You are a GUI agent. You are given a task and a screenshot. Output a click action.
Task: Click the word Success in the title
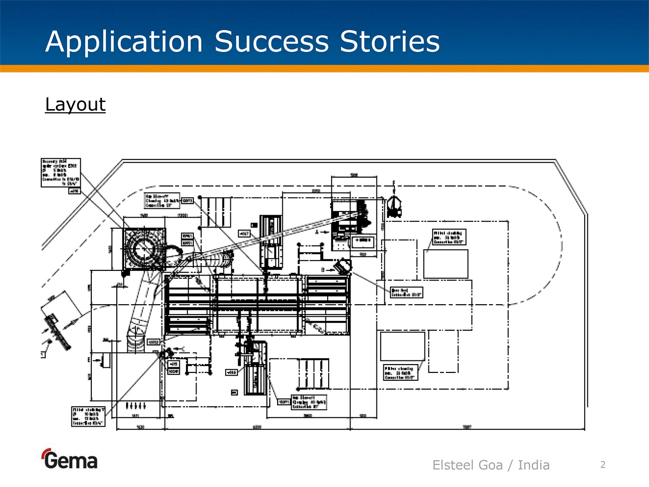[272, 42]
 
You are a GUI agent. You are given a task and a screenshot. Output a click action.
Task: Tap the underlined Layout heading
[75, 104]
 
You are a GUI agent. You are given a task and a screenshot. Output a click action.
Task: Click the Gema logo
[70, 460]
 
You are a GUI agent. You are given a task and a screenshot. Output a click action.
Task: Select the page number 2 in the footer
[603, 465]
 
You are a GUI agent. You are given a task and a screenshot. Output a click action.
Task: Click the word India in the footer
[534, 465]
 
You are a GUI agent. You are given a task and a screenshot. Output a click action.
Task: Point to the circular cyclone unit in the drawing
[144, 249]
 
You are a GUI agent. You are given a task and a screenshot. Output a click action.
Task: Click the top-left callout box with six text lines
[61, 173]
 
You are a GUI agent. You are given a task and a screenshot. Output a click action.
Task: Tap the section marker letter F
[394, 184]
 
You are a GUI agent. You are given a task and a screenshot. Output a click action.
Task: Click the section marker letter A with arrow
[318, 232]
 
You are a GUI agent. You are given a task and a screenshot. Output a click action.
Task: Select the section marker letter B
[323, 269]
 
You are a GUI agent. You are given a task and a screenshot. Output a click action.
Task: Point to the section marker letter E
[89, 359]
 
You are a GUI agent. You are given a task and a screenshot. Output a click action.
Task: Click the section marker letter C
[184, 349]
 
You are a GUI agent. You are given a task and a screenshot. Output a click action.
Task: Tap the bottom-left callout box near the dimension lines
[88, 417]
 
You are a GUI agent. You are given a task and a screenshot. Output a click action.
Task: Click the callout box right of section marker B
[407, 292]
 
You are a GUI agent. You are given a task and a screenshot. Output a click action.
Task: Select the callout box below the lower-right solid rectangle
[401, 372]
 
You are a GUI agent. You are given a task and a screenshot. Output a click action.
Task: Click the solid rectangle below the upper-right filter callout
[445, 264]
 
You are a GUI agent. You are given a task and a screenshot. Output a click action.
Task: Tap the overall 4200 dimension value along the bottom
[257, 427]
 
